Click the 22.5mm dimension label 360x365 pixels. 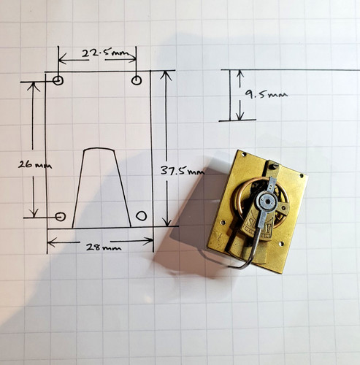tap(105, 53)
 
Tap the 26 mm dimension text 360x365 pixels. tap(35, 165)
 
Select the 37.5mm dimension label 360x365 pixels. tap(183, 171)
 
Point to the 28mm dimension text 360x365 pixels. tap(104, 247)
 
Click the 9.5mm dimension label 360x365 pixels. tap(266, 93)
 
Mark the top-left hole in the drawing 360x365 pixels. tap(58, 80)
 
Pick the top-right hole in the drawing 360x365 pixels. tap(137, 80)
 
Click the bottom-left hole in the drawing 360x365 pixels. tap(60, 216)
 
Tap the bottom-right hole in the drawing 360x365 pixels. tap(141, 215)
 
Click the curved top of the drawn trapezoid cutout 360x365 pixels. tap(99, 148)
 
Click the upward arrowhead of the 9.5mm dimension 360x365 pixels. tap(240, 74)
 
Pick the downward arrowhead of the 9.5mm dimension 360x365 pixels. tap(240, 116)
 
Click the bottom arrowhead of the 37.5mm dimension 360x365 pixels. tap(167, 222)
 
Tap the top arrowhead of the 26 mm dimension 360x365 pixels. tap(34, 87)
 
